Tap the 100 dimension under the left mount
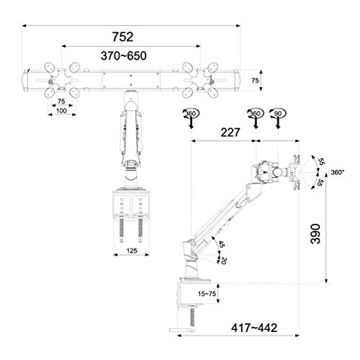coord(63,111)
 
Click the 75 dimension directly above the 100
coord(63,102)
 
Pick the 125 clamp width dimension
coord(130,251)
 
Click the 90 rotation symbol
coord(278,114)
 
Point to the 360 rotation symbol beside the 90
coord(254,114)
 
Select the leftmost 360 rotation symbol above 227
coord(190,114)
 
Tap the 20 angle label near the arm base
coord(225,260)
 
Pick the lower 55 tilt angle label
coord(319,184)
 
